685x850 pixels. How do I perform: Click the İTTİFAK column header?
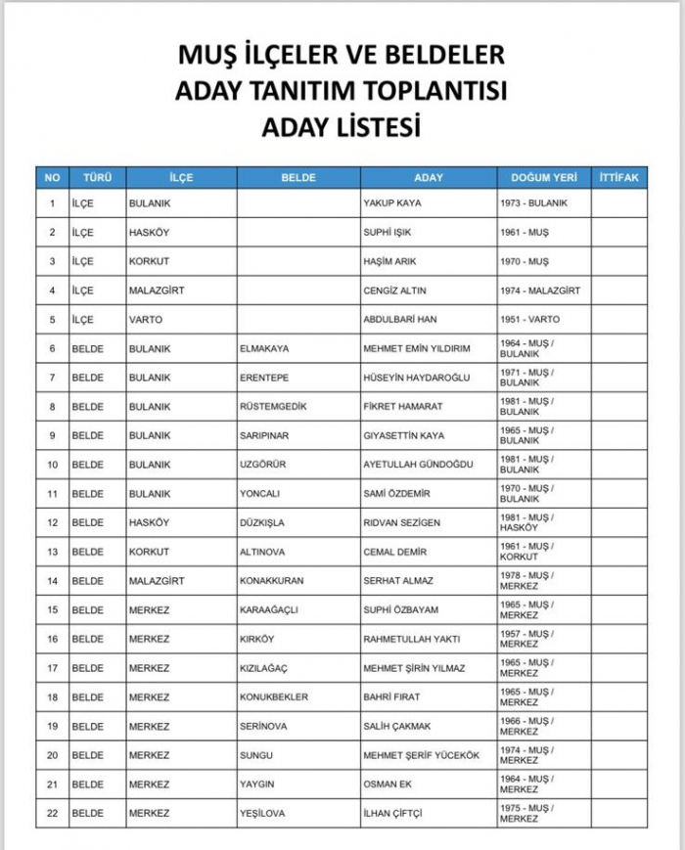(x=618, y=178)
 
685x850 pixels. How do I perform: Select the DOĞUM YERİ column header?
(x=544, y=178)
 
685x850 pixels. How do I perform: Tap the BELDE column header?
(x=298, y=178)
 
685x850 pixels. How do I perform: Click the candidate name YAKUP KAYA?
(x=391, y=203)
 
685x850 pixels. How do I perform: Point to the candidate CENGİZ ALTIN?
(x=394, y=291)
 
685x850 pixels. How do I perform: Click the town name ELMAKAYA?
(x=264, y=348)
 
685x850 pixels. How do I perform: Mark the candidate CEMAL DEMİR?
(x=395, y=552)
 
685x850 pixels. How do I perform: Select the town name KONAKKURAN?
(x=271, y=581)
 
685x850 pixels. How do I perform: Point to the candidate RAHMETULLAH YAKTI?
(x=411, y=640)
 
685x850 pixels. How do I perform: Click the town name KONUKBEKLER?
(x=274, y=697)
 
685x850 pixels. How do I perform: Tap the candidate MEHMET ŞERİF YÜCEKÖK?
(x=422, y=755)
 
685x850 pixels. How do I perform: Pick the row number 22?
(x=52, y=813)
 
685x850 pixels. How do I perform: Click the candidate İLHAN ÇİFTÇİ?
(x=395, y=813)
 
